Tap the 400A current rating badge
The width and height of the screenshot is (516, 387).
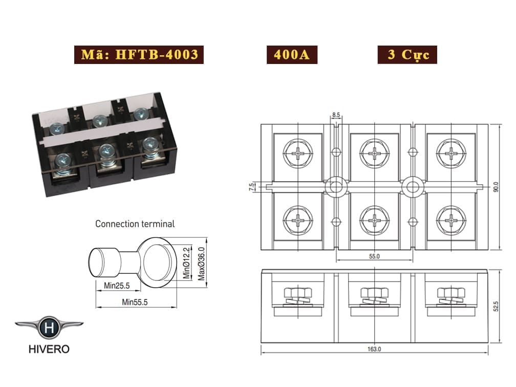(x=292, y=55)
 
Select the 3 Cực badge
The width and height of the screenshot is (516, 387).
(x=407, y=55)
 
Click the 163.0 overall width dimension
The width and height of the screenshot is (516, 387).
(x=374, y=349)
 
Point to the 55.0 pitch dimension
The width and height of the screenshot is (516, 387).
(x=375, y=256)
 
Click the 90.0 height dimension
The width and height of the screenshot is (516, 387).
(x=496, y=187)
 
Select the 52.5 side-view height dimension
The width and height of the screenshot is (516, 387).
(x=496, y=306)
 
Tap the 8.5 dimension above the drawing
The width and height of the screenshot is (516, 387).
(x=336, y=115)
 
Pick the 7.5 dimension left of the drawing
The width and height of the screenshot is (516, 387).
(x=252, y=187)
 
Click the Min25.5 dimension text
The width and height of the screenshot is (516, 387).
(x=117, y=286)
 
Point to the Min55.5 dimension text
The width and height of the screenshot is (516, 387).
(x=135, y=302)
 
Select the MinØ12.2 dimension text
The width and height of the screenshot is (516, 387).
(x=186, y=263)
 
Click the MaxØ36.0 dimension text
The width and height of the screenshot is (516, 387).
(x=201, y=264)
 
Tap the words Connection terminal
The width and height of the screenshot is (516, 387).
(x=135, y=224)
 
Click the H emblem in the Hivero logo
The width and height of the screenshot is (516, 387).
(x=49, y=328)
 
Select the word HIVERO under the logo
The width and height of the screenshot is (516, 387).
(x=49, y=349)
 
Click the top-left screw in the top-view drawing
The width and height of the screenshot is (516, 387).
(x=298, y=154)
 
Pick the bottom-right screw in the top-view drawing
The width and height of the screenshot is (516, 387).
(x=451, y=221)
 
